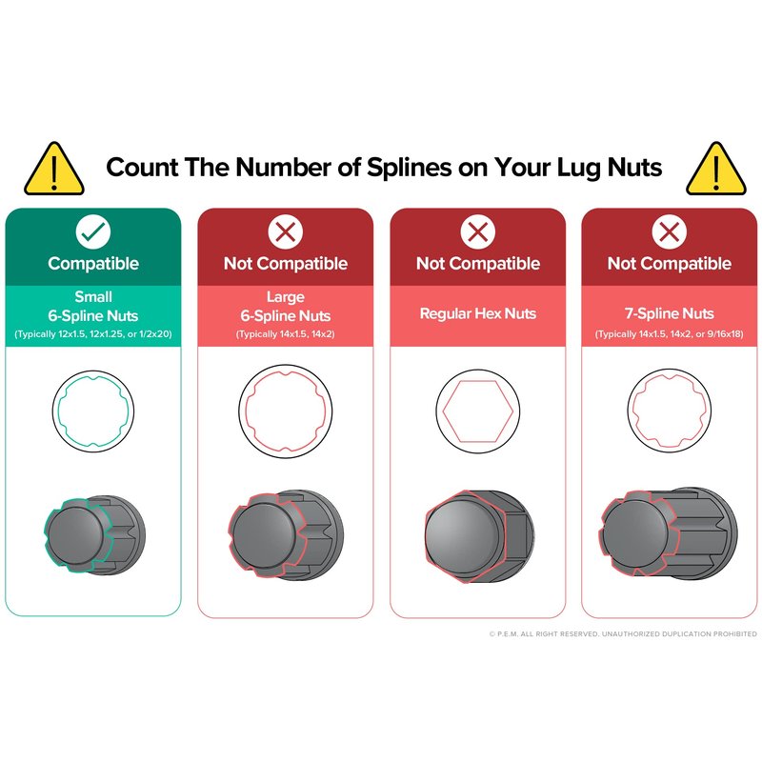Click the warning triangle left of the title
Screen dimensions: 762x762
coord(54,170)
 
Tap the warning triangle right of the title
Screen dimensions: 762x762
coord(716,170)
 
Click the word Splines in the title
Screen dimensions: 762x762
coord(410,169)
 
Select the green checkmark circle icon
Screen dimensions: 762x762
coord(93,231)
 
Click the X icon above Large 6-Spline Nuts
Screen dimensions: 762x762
coord(285,231)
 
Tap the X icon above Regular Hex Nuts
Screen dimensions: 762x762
coord(478,231)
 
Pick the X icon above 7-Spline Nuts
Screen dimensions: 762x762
coord(670,231)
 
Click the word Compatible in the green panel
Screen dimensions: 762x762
coord(93,264)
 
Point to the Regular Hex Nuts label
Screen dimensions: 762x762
coord(478,313)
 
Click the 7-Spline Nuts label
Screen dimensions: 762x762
coord(670,313)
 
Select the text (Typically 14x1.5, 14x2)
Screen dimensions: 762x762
coord(285,334)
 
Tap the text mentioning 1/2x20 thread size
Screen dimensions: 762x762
coord(93,334)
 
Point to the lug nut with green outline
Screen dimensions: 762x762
coord(94,534)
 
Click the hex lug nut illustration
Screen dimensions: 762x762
coord(479,536)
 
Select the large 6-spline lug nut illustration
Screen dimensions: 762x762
coord(286,534)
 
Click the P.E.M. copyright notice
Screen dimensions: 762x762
coord(623,633)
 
